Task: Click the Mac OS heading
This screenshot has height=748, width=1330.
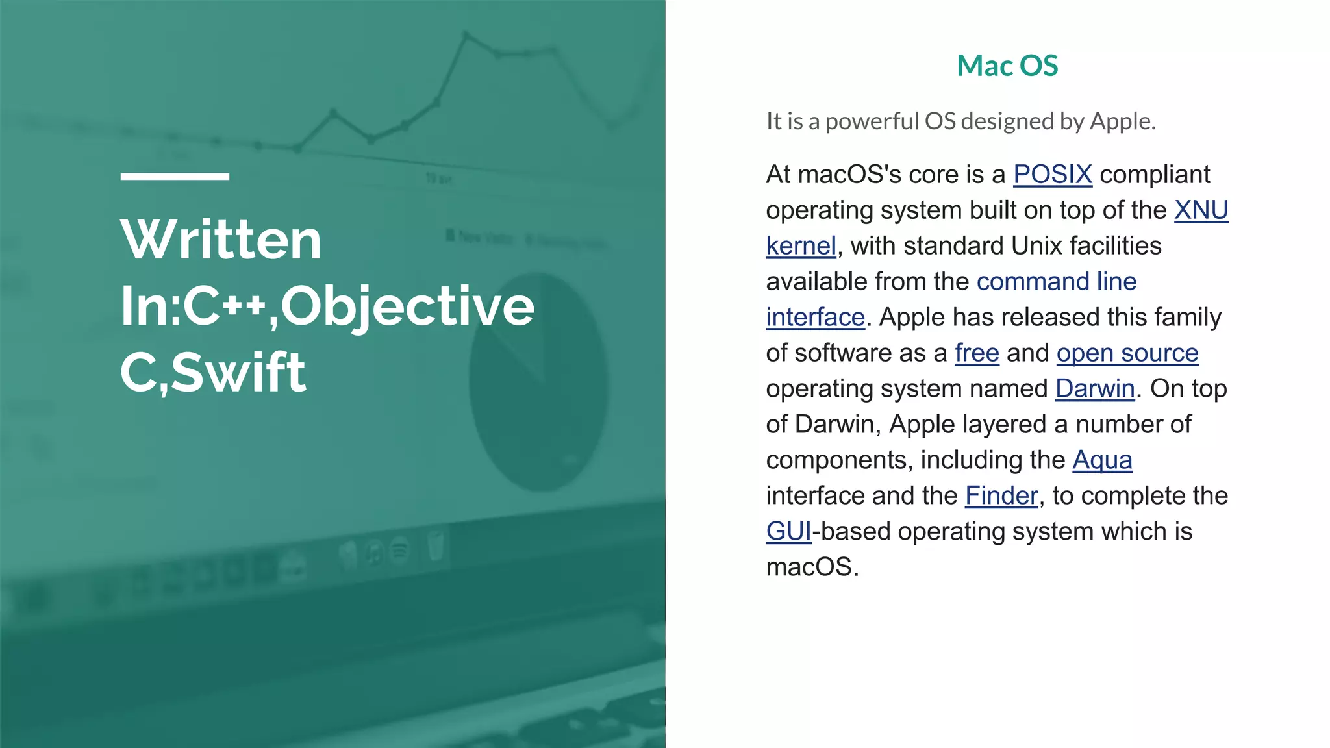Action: [x=1007, y=66]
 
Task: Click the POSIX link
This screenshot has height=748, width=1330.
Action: [x=1052, y=175]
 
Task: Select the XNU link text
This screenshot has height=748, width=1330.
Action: [x=1201, y=210]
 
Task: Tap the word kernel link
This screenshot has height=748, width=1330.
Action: [x=801, y=246]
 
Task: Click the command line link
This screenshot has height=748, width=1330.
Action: [x=1056, y=282]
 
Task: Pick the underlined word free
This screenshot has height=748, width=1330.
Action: [x=976, y=353]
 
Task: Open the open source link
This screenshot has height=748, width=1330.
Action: [x=1127, y=353]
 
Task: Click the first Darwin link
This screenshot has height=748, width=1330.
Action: [x=1094, y=389]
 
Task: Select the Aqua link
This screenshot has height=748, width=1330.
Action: [x=1102, y=460]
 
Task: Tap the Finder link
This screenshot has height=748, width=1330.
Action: [x=1001, y=496]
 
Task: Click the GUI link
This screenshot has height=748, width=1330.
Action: [x=788, y=532]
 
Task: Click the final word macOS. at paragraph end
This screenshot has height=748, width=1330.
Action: [x=812, y=567]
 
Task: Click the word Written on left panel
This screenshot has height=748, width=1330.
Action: [x=221, y=240]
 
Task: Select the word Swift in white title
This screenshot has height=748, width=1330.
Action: [x=238, y=373]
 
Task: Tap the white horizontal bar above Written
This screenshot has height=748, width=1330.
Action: [x=175, y=176]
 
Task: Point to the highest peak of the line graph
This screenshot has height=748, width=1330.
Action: [x=466, y=34]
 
